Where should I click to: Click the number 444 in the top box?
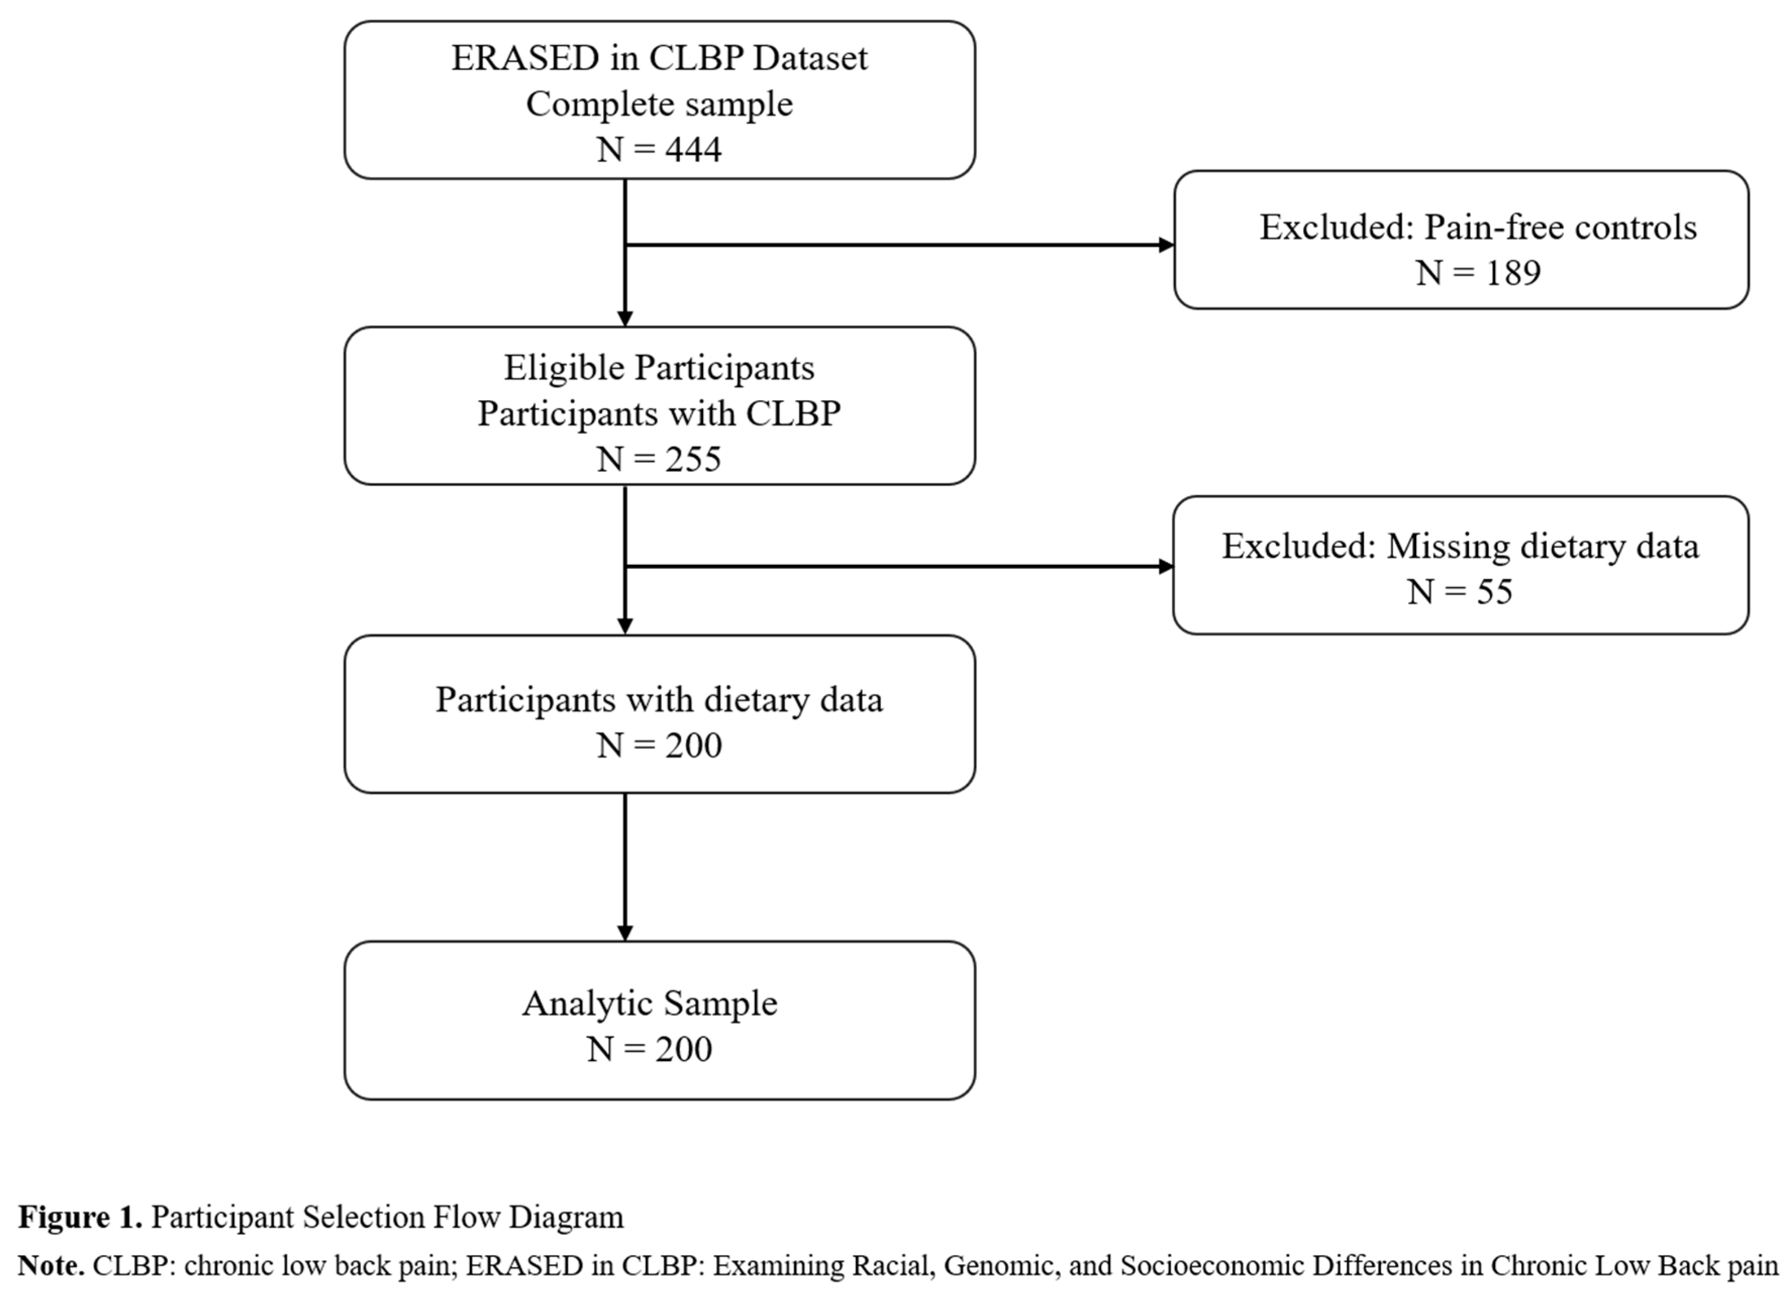coord(693,149)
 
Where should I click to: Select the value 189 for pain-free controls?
coord(1513,273)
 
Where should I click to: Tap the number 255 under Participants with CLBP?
coord(693,459)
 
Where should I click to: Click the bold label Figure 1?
coord(80,1217)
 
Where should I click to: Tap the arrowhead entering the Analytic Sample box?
coord(625,933)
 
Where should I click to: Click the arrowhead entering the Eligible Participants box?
coord(625,319)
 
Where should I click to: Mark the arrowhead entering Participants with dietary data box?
coord(625,627)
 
